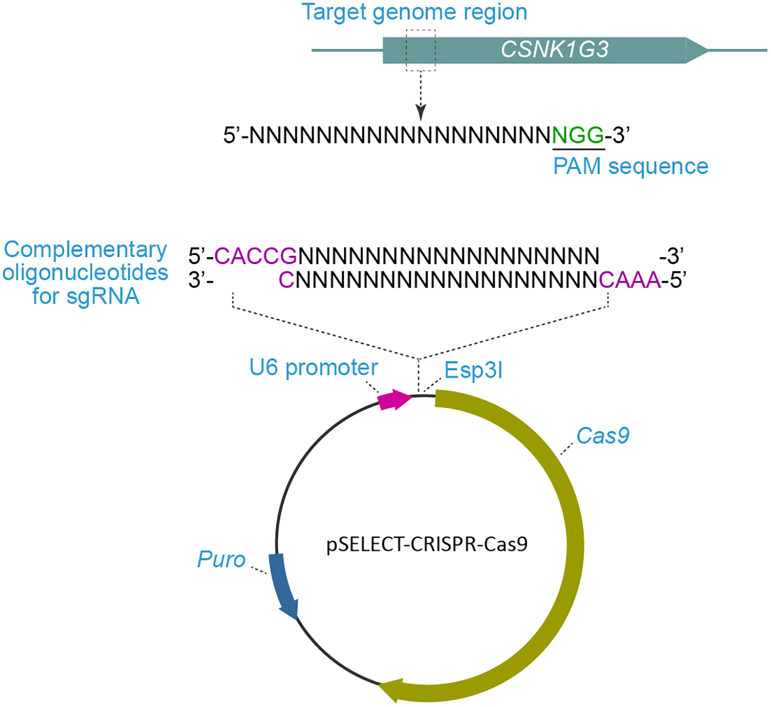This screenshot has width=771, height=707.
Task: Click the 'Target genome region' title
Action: pos(414,12)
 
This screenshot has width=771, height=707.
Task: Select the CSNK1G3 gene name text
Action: pos(554,50)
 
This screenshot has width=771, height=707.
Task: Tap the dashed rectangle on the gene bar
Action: pos(421,50)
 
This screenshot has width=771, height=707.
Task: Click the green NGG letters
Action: pos(578,136)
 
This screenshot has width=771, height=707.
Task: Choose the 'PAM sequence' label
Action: pos(630,167)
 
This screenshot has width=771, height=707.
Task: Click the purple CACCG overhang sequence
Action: pos(256,257)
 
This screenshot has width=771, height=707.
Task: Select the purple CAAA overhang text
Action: pos(629,280)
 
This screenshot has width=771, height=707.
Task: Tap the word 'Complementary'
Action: pos(86,249)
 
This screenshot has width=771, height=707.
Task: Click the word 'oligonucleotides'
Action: pos(86,273)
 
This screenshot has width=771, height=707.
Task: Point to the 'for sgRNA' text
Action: pos(86,296)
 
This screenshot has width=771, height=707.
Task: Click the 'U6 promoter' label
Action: pos(313,368)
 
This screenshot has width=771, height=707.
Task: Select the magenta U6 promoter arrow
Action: pos(394,400)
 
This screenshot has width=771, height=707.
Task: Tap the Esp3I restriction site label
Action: pos(473,370)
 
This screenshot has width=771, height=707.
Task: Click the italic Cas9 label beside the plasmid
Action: pos(602,436)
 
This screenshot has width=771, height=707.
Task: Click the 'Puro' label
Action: pos(221,559)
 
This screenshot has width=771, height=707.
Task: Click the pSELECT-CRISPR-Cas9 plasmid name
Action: pos(427,544)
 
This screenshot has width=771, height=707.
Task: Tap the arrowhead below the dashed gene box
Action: pos(421,112)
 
